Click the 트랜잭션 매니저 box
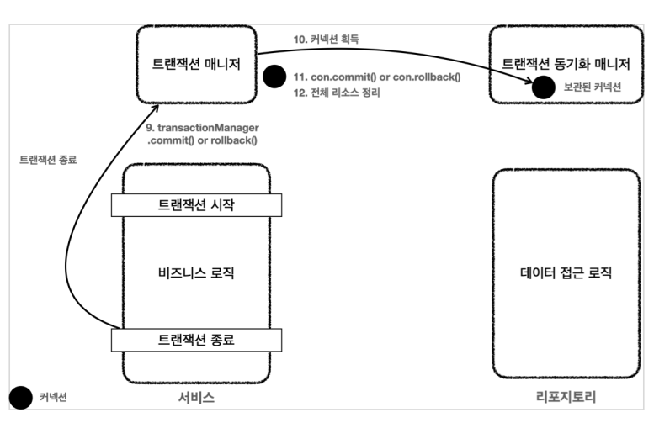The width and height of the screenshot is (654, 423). pos(197,64)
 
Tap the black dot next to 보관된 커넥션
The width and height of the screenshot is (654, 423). pos(543,85)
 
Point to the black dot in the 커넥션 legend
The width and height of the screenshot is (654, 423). pos(20,397)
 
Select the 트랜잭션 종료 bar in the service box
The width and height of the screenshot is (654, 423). pos(197,339)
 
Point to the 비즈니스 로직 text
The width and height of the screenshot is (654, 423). pos(197,272)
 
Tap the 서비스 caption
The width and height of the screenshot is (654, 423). pos(197,397)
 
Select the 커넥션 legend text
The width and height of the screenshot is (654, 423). pos(56,397)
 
